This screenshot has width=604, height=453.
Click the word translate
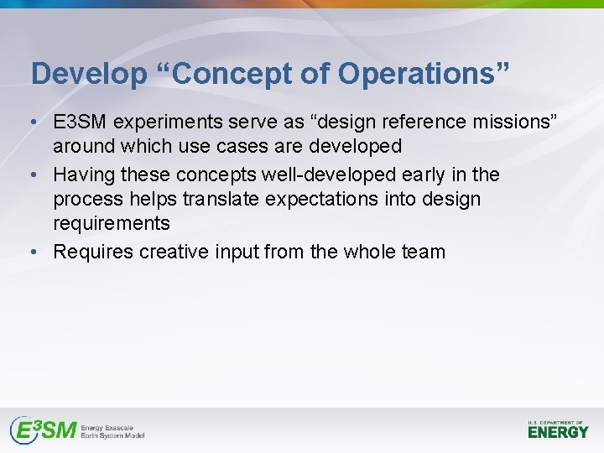[x=220, y=200]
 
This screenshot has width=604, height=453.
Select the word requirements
[x=112, y=224]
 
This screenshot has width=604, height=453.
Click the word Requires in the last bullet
[x=93, y=252]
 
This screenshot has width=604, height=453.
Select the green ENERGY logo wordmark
[x=558, y=432]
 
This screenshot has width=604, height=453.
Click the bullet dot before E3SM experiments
[x=31, y=122]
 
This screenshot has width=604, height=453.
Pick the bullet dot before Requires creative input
[x=31, y=253]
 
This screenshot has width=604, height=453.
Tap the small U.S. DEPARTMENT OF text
[x=557, y=421]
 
